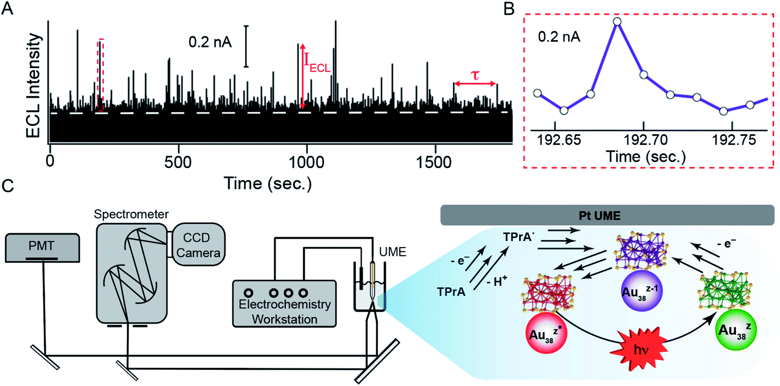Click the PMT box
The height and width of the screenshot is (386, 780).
point(42,248)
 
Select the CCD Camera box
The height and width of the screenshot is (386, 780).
point(198,244)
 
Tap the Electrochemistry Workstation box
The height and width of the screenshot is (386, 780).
point(284,304)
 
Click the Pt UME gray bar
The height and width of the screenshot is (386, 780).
point(607,215)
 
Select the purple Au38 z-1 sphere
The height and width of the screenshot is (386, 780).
point(641,291)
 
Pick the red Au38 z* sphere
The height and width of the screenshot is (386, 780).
point(547,333)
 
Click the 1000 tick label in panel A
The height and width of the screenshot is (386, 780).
point(307,163)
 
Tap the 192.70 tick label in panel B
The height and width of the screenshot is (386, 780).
point(645,140)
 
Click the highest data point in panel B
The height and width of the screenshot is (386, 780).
point(617,22)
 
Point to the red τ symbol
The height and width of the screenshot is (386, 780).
point(475,75)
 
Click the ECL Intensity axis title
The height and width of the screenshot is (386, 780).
point(34,86)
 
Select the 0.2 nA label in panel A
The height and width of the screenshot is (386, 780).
point(210,42)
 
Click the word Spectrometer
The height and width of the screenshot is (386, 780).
point(131,214)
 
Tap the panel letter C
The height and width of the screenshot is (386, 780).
point(8,186)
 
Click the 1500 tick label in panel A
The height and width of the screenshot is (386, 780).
point(434,163)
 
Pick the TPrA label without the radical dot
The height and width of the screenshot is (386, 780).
point(451,292)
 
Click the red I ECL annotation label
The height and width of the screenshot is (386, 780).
point(317,63)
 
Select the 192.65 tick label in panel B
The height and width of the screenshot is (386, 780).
point(559,140)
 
